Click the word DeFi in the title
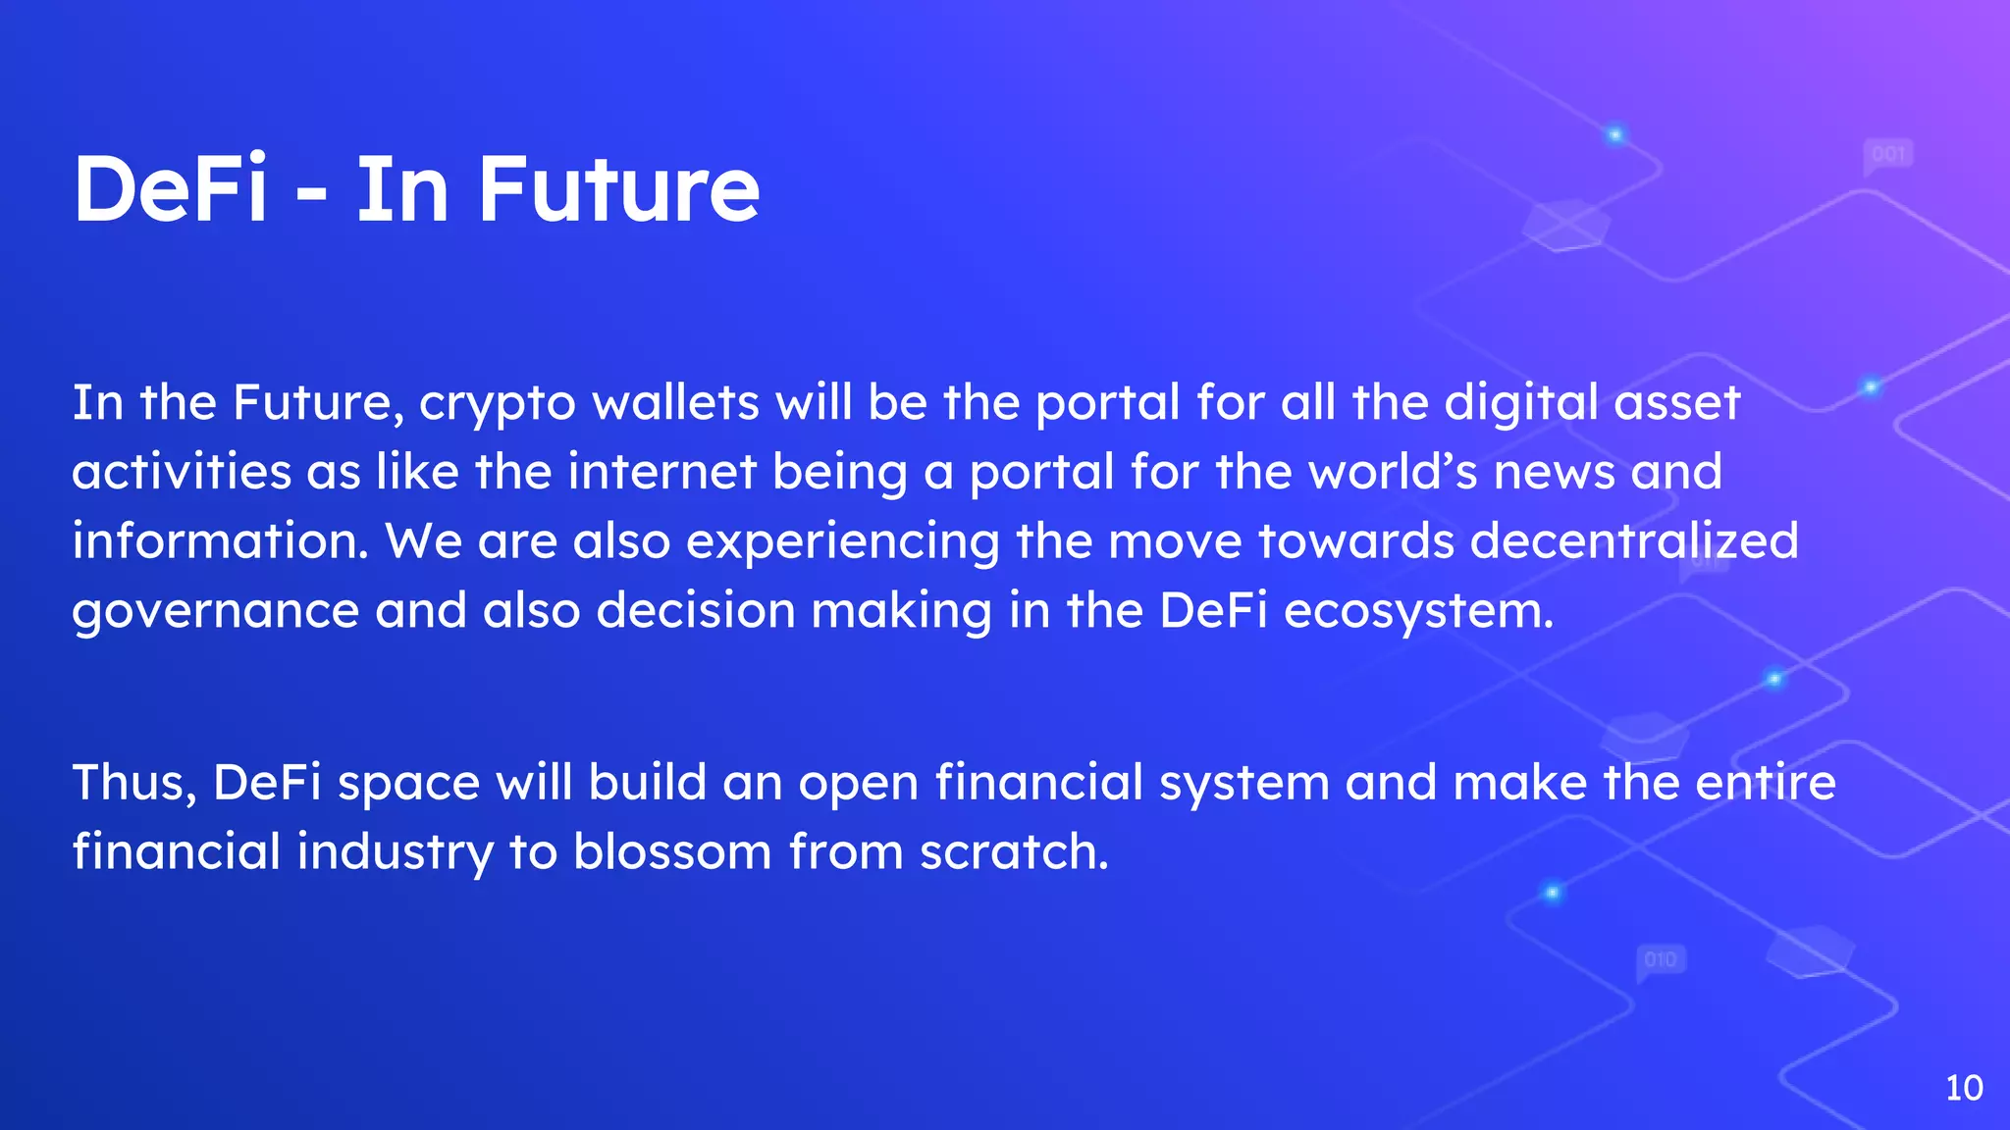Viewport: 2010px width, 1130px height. click(x=170, y=189)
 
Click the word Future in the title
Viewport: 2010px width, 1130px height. click(x=618, y=189)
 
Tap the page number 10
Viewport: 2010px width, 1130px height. click(x=1964, y=1088)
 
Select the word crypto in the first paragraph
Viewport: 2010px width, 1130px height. click(x=497, y=404)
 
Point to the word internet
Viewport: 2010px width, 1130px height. click(x=661, y=472)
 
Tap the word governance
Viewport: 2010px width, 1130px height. click(x=215, y=611)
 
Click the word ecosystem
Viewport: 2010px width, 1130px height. click(x=1418, y=611)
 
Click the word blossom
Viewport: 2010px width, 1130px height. click(x=672, y=851)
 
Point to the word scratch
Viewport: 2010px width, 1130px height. click(x=1014, y=851)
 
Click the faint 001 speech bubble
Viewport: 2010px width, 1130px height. click(x=1887, y=155)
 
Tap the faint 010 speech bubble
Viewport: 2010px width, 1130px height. click(x=1660, y=959)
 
